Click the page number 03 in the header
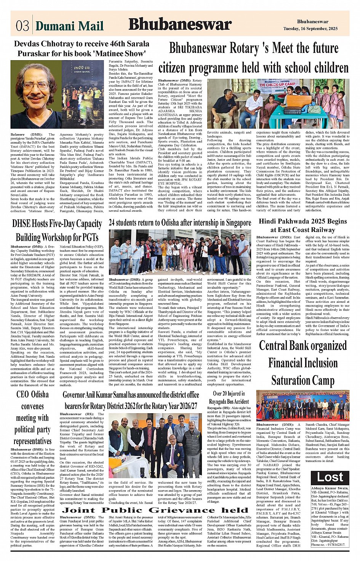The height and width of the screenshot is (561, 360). tap(22, 26)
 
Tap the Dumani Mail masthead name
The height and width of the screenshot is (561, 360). tap(69, 26)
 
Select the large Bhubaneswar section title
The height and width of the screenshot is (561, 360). tap(180, 25)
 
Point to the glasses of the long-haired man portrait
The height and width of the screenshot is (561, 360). tap(36, 86)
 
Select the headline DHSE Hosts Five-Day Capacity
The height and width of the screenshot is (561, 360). tap(57, 223)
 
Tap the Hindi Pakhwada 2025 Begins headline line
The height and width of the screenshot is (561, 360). tap(302, 221)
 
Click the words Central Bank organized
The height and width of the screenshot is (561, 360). tap(302, 346)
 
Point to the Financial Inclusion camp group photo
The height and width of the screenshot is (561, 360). tap(302, 406)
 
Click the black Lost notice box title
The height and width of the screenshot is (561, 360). tap(330, 477)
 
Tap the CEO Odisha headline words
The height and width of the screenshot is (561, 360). tap(32, 394)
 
